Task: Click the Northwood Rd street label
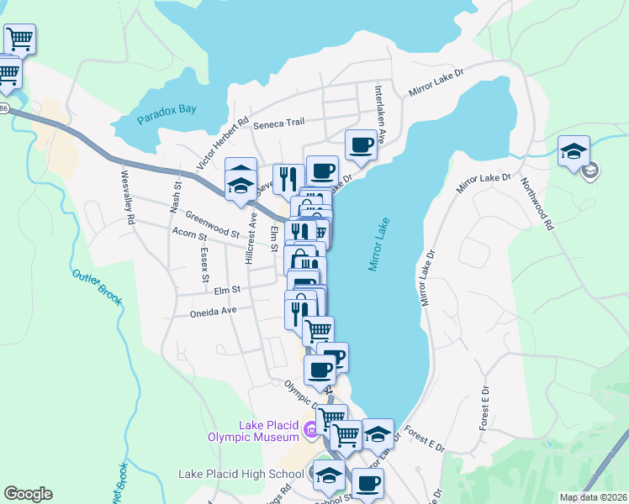[537, 204]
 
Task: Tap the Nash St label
[177, 199]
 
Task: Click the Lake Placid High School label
[240, 474]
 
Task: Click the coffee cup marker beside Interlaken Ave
[362, 144]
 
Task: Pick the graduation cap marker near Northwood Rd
[573, 151]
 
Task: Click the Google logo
[28, 494]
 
